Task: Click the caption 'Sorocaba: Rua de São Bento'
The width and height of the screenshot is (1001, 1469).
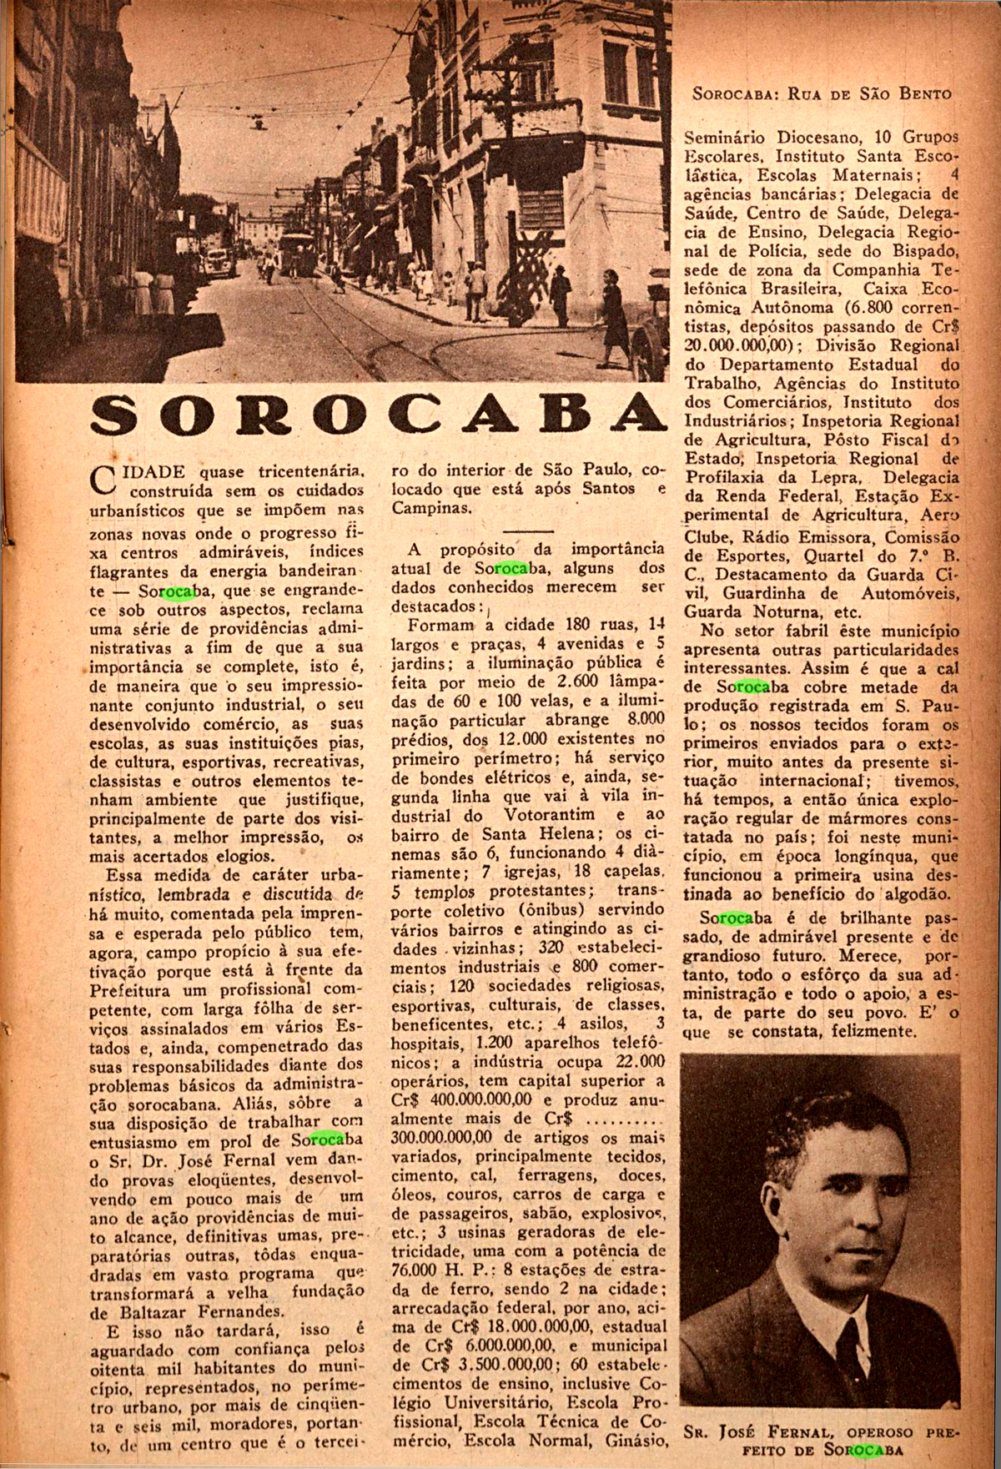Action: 821,93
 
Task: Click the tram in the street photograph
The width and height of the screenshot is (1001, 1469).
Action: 296,250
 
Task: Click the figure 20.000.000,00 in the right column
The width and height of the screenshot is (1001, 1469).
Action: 740,345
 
